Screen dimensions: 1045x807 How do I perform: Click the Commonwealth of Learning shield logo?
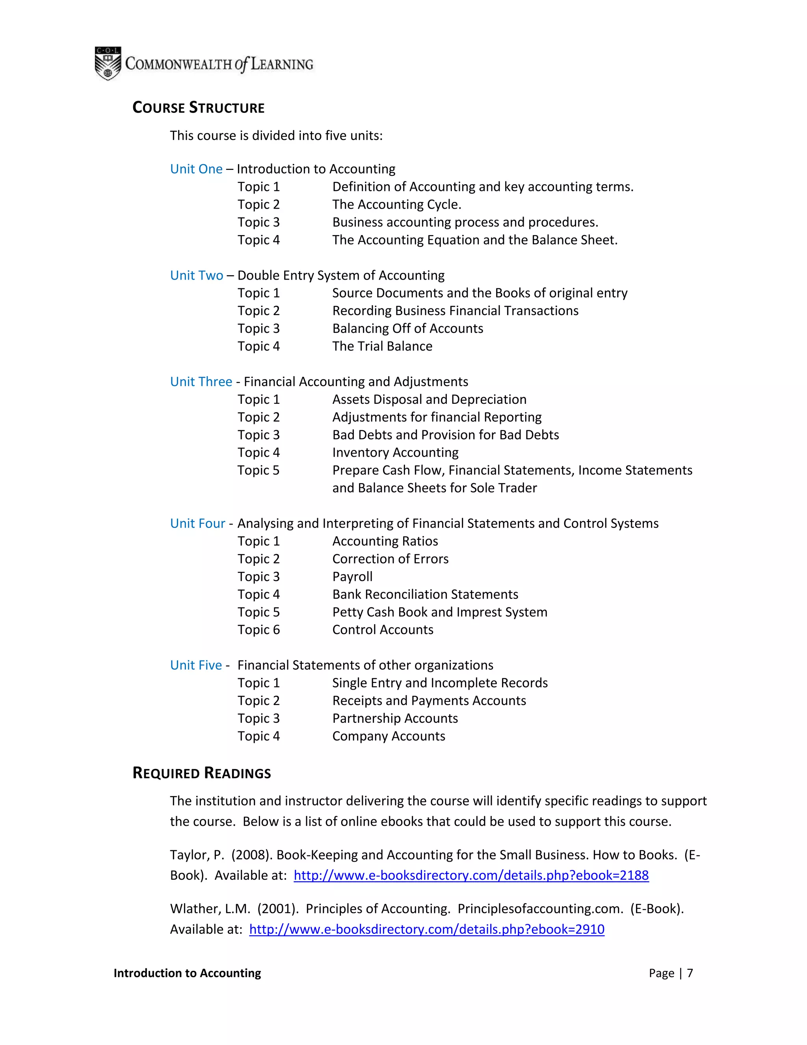108,63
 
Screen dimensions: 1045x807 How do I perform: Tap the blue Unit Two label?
197,275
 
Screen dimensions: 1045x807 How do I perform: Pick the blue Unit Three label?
201,381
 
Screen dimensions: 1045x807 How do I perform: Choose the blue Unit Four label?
197,523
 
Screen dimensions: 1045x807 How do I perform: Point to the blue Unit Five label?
196,665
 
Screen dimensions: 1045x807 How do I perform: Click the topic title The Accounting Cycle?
396,204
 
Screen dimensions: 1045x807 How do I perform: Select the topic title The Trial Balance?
382,346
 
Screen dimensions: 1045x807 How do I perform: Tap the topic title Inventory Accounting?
395,452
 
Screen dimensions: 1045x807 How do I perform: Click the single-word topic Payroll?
352,577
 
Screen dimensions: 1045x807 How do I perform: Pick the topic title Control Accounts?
383,630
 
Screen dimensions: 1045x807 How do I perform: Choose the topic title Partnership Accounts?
395,718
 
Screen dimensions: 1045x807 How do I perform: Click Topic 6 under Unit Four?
258,630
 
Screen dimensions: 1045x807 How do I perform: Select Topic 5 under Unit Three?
258,470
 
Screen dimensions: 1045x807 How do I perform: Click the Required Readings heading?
201,773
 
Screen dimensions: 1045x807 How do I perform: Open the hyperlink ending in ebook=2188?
471,875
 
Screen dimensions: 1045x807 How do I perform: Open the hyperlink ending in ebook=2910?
426,929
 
